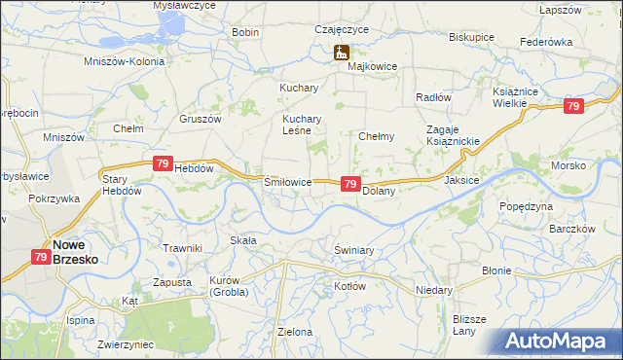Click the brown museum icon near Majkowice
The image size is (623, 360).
pos(341,53)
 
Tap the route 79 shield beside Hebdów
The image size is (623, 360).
pos(163,165)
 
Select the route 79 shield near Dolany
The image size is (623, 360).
pos(351,184)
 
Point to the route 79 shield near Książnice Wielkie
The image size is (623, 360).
pos(573,106)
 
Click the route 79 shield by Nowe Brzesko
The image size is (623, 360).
pos(41,257)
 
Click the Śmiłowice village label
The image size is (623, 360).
pos(288,182)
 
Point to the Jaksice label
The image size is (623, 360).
pos(461,181)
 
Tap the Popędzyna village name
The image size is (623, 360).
pos(526,207)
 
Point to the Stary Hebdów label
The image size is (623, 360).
pos(123,185)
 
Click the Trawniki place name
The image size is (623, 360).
pos(182,248)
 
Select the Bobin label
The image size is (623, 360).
pos(245,32)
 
